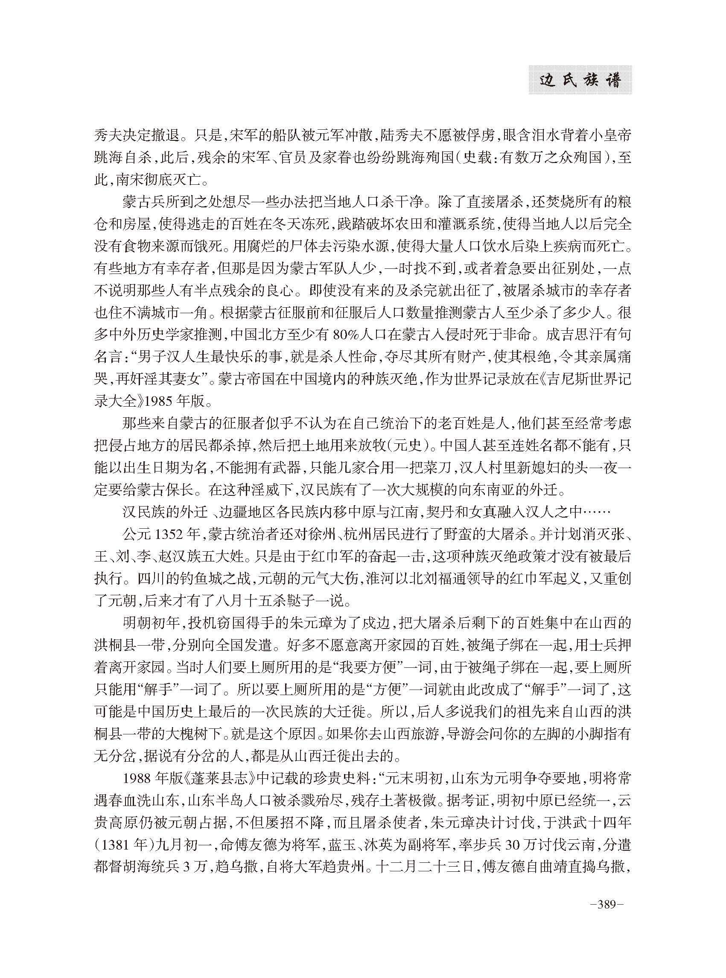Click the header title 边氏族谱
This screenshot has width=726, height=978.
580,80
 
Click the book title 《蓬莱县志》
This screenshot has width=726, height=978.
221,779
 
